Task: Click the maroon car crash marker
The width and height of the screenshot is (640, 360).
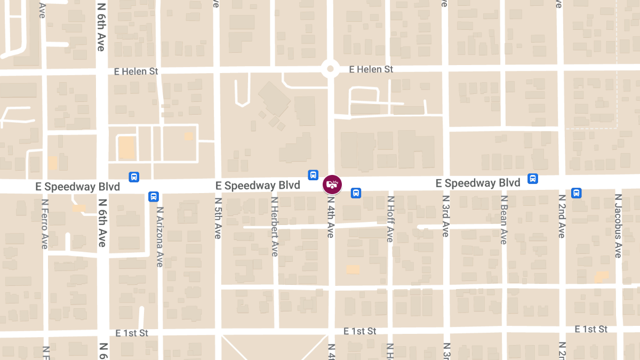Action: coord(332,185)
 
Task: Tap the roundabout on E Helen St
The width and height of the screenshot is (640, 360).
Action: coord(330,69)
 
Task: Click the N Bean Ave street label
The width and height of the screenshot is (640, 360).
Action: coord(503,220)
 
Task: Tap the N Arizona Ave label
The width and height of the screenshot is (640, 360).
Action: coord(159,237)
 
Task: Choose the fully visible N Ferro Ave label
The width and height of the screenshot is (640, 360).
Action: coord(45,224)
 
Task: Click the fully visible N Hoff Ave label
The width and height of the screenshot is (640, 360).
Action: coord(390,219)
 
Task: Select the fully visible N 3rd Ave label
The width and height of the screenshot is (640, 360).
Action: coord(446,215)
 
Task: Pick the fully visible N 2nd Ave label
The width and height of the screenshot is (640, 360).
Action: coord(562,216)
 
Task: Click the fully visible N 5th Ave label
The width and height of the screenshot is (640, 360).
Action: coord(218,218)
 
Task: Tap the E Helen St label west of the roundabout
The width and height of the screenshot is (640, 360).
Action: coord(137,71)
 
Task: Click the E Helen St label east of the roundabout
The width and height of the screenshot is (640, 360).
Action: coord(371,69)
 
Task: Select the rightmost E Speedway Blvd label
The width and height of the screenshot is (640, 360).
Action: coord(478,183)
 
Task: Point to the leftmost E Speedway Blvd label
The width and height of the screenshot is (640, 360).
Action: coord(77,187)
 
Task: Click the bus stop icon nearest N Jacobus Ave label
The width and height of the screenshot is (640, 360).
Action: coord(577,193)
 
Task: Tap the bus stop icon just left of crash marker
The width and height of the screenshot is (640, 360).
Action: coord(313,175)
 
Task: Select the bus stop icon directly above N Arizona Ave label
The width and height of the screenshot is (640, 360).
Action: coord(154,197)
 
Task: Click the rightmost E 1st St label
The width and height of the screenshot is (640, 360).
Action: coord(591,329)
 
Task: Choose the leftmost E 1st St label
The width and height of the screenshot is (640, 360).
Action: coord(132,333)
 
